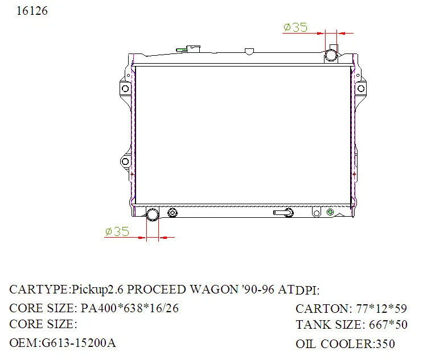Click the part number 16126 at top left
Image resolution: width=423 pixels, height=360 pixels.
28,11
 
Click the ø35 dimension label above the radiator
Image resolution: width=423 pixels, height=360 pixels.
295,27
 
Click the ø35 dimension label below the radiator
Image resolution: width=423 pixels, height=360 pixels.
117,231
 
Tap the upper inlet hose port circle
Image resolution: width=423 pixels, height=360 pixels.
331,55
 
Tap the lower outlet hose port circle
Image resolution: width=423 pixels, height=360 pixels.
153,214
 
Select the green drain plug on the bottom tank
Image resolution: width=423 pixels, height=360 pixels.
329,213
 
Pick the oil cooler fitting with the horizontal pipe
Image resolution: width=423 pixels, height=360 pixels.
285,213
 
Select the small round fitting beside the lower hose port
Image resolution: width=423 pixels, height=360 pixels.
173,213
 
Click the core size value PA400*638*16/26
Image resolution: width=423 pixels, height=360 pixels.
130,308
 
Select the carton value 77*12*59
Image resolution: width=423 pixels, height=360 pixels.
381,309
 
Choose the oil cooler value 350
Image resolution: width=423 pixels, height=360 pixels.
385,344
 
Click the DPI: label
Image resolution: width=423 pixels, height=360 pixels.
308,290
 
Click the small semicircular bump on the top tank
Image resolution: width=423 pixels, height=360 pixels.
248,52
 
